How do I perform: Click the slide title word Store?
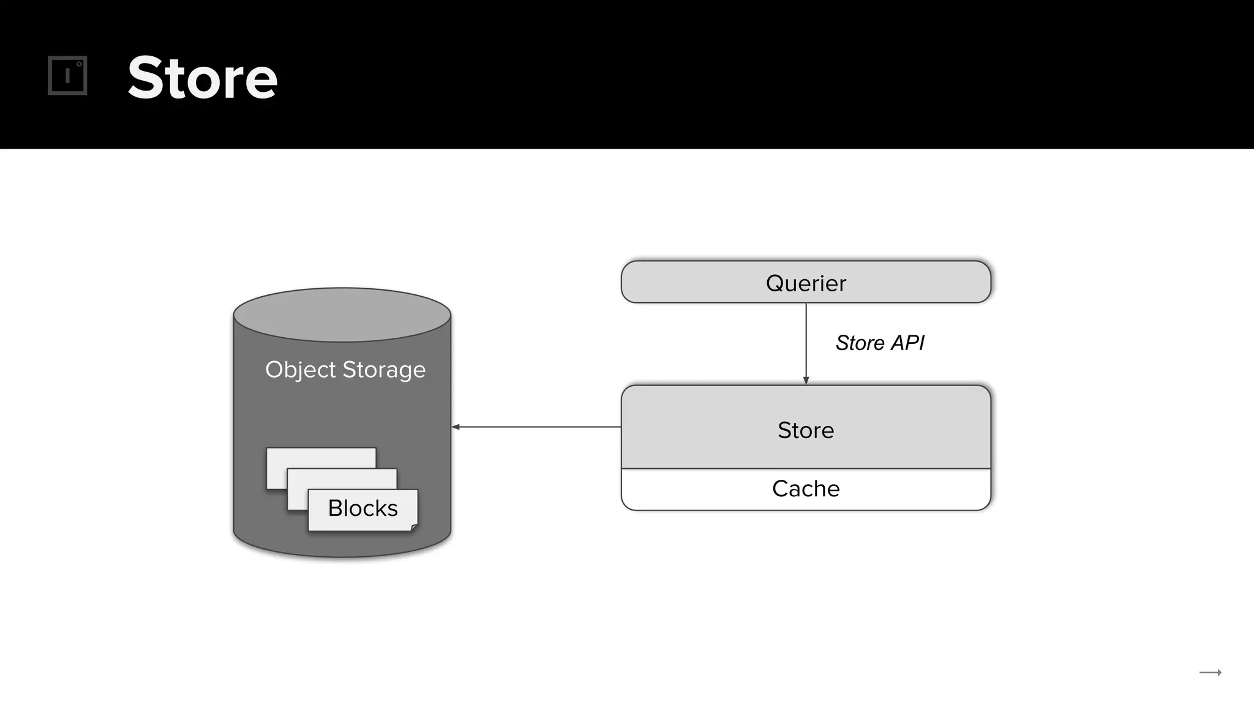[202, 78]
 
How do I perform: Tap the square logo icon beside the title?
[67, 75]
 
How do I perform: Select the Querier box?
[805, 282]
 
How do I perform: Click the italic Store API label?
[879, 343]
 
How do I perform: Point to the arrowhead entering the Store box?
[806, 381]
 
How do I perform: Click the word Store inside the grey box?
[805, 430]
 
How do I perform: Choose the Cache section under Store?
[805, 489]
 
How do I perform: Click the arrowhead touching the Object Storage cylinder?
[456, 427]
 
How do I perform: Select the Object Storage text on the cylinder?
[345, 370]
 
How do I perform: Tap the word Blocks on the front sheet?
[362, 509]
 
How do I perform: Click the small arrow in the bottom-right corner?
[1210, 673]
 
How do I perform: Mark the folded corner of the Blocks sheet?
[414, 527]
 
